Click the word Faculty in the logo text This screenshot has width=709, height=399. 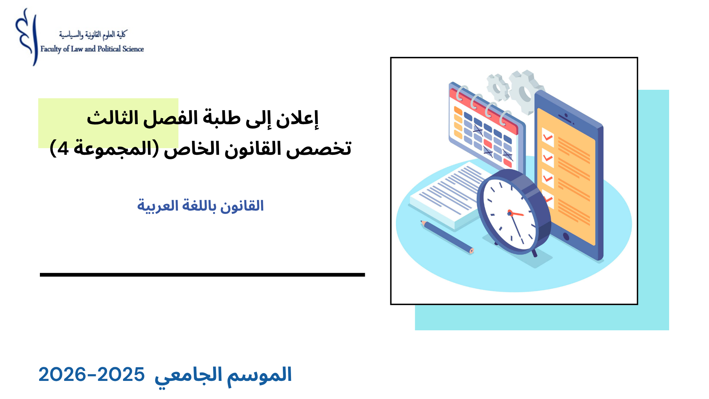tap(51, 49)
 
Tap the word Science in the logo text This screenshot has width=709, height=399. tap(133, 49)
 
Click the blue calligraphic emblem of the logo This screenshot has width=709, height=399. tap(27, 37)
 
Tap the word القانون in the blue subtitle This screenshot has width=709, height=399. tap(242, 206)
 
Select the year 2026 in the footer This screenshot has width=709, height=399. tap(62, 375)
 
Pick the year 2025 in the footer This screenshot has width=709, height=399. tap(121, 375)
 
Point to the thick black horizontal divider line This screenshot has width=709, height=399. tap(202, 274)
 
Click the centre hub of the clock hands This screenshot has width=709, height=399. tap(510, 213)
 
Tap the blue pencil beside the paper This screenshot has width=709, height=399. tap(447, 237)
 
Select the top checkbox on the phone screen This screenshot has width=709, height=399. tap(548, 137)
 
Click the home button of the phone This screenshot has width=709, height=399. tap(566, 236)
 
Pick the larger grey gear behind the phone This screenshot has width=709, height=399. tap(527, 91)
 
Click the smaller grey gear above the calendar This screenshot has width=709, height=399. tap(498, 87)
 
